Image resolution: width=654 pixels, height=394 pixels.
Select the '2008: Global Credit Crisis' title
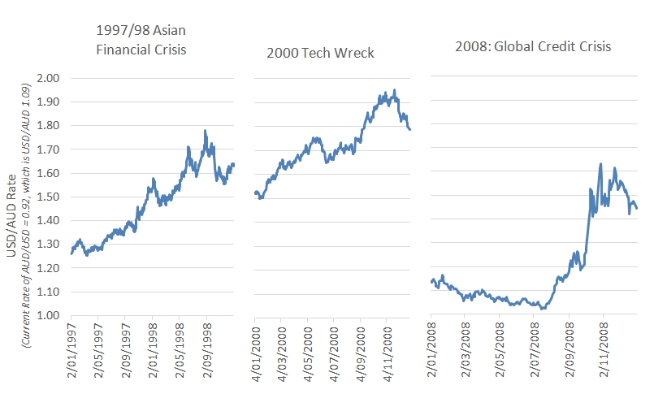click(533, 46)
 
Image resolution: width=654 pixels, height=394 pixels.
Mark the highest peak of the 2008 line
click(600, 164)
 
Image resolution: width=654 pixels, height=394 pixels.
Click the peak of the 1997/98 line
click(206, 130)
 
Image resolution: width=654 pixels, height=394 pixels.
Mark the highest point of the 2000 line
click(395, 90)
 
